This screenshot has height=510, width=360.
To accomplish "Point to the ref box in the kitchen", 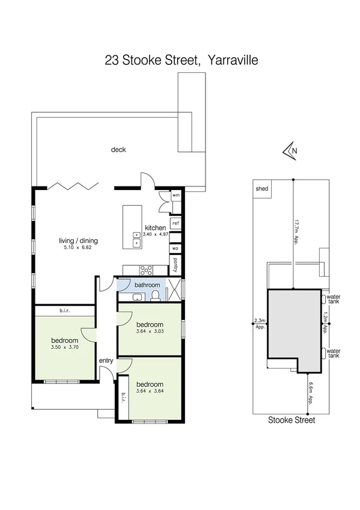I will click(175, 223).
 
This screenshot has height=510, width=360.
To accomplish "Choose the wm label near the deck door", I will click(176, 195).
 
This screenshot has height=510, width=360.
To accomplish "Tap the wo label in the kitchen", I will click(175, 247).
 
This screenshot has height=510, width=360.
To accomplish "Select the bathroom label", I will click(147, 284).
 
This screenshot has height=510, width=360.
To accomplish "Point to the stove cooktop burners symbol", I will click(145, 269).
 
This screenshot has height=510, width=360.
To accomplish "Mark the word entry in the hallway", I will click(106, 360).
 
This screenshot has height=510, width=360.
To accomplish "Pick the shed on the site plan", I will click(262, 188).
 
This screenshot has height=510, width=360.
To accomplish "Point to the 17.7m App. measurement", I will click(296, 231).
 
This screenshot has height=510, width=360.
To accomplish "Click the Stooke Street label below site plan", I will click(291, 420).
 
